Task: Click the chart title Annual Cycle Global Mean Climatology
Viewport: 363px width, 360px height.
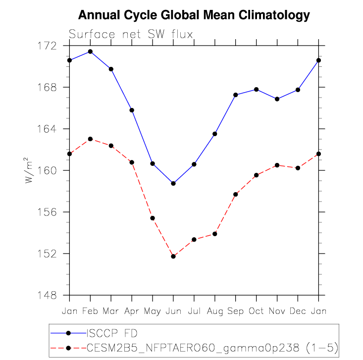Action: pyautogui.click(x=194, y=15)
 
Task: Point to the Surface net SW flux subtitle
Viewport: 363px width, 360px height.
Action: pyautogui.click(x=131, y=34)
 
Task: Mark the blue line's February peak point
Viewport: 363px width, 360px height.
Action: pyautogui.click(x=90, y=51)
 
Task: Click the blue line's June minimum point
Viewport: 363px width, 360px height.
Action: pyautogui.click(x=173, y=183)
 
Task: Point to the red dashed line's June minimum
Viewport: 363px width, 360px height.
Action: pyautogui.click(x=173, y=256)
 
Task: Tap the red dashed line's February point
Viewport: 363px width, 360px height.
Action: pyautogui.click(x=90, y=139)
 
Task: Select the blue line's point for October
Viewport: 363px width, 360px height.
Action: pyautogui.click(x=256, y=89)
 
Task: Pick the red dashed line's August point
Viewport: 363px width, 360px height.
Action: pyautogui.click(x=215, y=234)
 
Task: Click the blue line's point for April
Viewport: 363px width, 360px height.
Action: pyautogui.click(x=132, y=110)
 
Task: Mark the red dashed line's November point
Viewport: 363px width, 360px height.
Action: pyautogui.click(x=277, y=165)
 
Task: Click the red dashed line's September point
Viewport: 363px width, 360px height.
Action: pyautogui.click(x=235, y=194)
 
